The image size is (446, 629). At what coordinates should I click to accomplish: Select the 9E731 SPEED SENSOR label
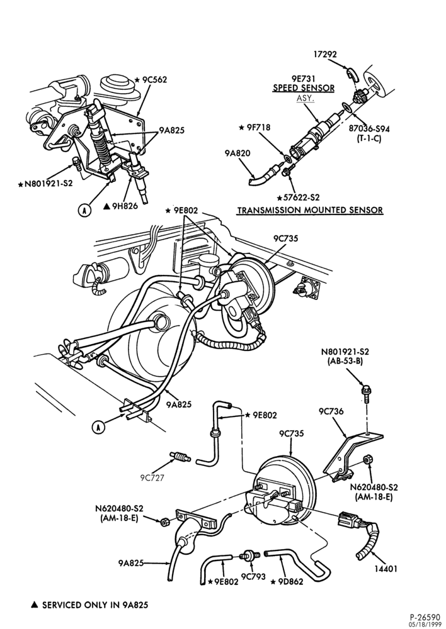pyautogui.click(x=304, y=84)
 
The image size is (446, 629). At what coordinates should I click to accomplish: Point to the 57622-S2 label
pyautogui.click(x=299, y=198)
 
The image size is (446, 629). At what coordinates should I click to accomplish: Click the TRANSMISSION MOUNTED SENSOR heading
pyautogui.click(x=310, y=210)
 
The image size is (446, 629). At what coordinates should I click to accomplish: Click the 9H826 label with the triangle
pyautogui.click(x=120, y=206)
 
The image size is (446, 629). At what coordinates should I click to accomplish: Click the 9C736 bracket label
pyautogui.click(x=331, y=411)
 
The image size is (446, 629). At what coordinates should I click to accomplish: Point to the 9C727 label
pyautogui.click(x=152, y=478)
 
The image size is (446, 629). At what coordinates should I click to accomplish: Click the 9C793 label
pyautogui.click(x=253, y=576)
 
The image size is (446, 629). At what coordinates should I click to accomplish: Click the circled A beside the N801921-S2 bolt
pyautogui.click(x=84, y=210)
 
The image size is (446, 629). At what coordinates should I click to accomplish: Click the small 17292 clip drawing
pyautogui.click(x=353, y=74)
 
